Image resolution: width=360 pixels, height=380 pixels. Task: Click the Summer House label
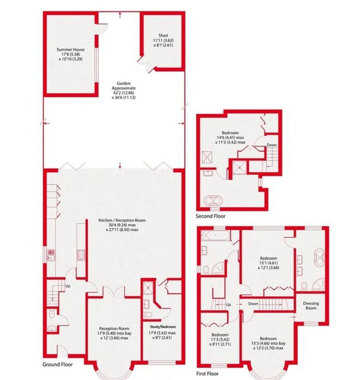coord(70,49)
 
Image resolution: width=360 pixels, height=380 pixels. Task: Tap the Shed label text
coord(163,35)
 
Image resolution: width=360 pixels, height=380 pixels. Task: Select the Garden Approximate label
coord(124,86)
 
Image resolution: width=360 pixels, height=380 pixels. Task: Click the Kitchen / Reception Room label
coord(122,220)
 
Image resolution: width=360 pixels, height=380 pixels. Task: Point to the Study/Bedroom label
coord(163,327)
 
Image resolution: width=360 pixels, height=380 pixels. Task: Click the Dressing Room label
coord(311,305)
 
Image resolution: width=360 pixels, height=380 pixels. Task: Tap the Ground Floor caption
coord(58,364)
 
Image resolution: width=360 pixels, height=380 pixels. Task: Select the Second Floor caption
coord(211,216)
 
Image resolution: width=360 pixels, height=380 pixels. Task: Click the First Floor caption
coord(207,373)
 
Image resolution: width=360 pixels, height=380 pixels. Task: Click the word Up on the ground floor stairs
coord(68,286)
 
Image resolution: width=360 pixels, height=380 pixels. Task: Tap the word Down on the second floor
coord(272,145)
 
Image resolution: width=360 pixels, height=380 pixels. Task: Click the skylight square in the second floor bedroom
coord(207,157)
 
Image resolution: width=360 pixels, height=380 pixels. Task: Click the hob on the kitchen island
coord(81,255)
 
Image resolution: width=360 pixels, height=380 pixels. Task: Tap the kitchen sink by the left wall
coord(51,256)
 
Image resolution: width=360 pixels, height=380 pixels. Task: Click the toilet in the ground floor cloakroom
coord(52,314)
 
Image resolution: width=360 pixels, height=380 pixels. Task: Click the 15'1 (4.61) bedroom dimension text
coord(268,263)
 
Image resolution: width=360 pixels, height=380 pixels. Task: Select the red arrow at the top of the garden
coord(120,15)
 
